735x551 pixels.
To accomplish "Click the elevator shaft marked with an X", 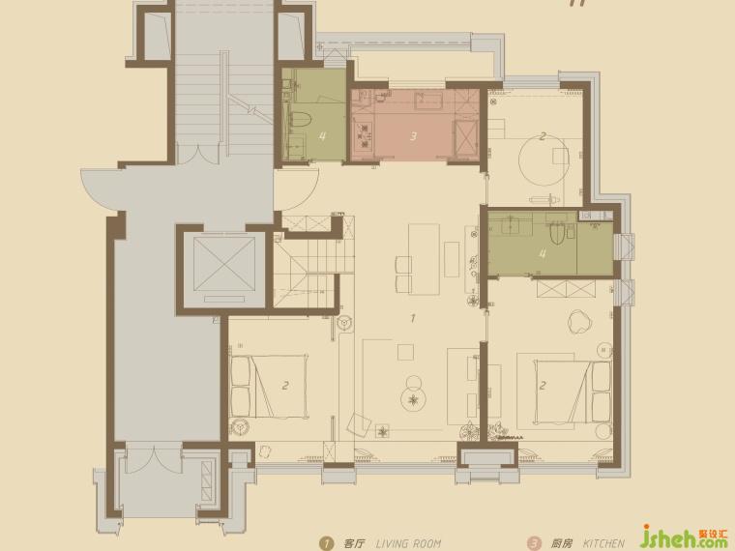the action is pyautogui.click(x=224, y=264).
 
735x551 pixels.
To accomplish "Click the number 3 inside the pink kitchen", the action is pyautogui.click(x=413, y=136).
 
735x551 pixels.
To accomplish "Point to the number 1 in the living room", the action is pyautogui.click(x=413, y=319).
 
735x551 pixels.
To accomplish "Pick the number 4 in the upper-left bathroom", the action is pyautogui.click(x=322, y=136).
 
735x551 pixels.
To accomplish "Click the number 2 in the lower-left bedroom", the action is pyautogui.click(x=284, y=386).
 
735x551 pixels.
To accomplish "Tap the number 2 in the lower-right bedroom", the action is pyautogui.click(x=543, y=386).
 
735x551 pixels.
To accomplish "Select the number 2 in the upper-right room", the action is pyautogui.click(x=543, y=136).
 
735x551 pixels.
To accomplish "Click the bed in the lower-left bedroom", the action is pyautogui.click(x=269, y=387).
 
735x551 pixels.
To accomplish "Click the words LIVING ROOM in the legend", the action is pyautogui.click(x=408, y=543).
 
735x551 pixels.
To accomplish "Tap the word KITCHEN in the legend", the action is pyautogui.click(x=603, y=543).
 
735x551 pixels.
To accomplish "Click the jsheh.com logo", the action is pyautogui.click(x=685, y=536).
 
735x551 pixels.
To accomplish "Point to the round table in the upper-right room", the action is pyautogui.click(x=543, y=159).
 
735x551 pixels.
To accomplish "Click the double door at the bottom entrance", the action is pyautogui.click(x=153, y=458).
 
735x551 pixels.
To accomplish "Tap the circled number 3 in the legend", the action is pyautogui.click(x=534, y=543).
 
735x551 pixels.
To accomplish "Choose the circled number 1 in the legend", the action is pyautogui.click(x=326, y=543).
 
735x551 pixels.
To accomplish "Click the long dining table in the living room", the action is pyautogui.click(x=424, y=259).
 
